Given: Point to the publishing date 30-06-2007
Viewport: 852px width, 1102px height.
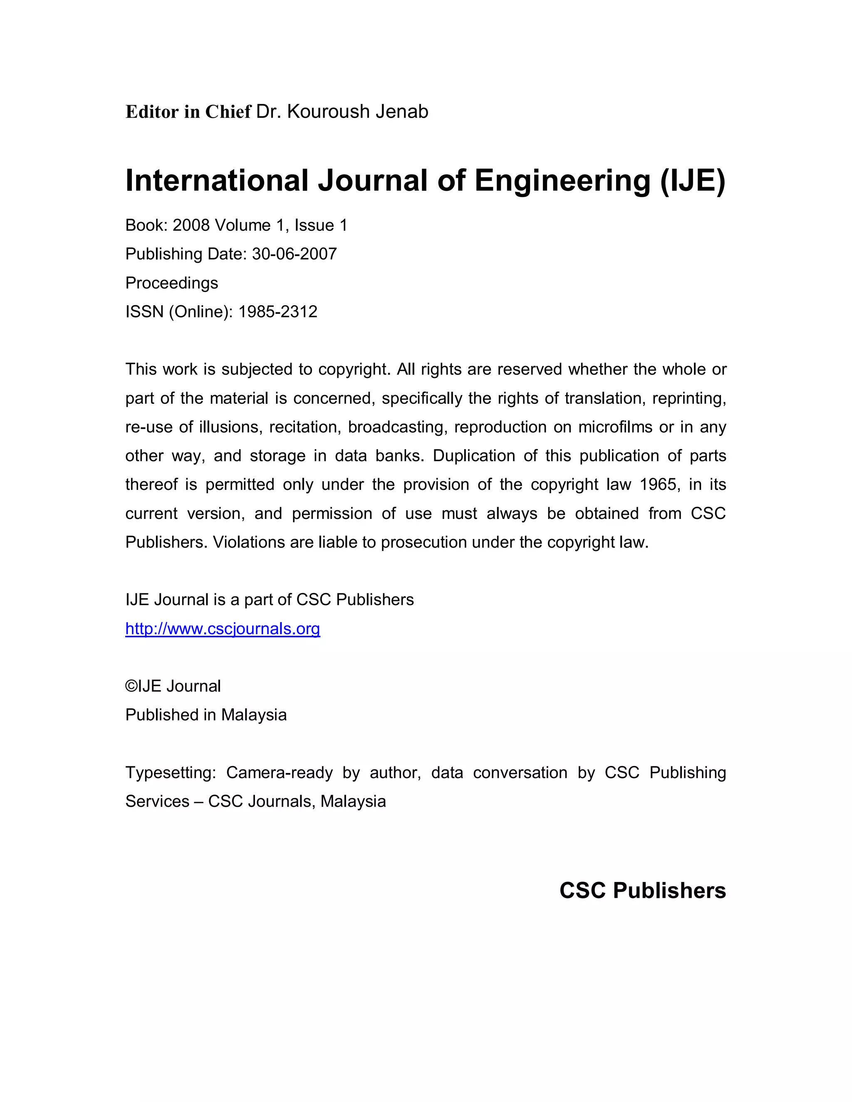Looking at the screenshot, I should pyautogui.click(x=294, y=254).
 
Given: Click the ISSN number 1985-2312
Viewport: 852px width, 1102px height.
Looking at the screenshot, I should pyautogui.click(x=277, y=312).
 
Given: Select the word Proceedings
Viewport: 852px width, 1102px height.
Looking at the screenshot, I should pyautogui.click(x=172, y=283).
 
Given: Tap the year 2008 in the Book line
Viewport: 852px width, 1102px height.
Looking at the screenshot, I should pyautogui.click(x=191, y=225).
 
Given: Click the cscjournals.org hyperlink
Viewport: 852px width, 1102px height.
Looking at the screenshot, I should pyautogui.click(x=223, y=629).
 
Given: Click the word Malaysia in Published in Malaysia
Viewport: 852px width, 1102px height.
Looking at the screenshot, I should pyautogui.click(x=253, y=715).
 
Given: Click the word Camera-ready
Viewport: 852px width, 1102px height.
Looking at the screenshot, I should pyautogui.click(x=279, y=773).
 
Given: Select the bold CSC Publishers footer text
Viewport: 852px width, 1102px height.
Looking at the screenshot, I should pyautogui.click(x=642, y=891).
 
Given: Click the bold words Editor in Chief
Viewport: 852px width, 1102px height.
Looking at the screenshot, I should pyautogui.click(x=188, y=111).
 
